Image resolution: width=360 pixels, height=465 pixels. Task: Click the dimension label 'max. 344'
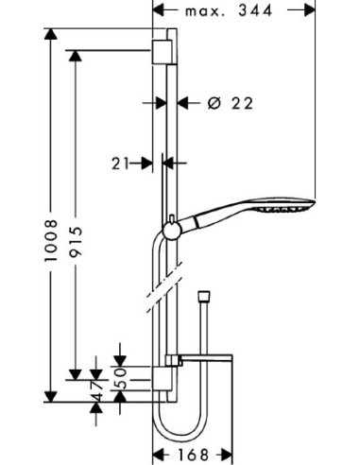click(229, 11)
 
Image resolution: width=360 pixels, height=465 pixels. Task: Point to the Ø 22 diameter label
click(231, 103)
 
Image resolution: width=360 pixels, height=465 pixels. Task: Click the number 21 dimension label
click(120, 164)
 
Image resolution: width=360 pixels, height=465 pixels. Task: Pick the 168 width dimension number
click(194, 455)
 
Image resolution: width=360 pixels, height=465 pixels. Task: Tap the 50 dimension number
click(120, 379)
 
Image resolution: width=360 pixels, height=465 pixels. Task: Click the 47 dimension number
click(97, 390)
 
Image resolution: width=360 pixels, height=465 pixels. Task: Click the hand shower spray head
click(283, 206)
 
